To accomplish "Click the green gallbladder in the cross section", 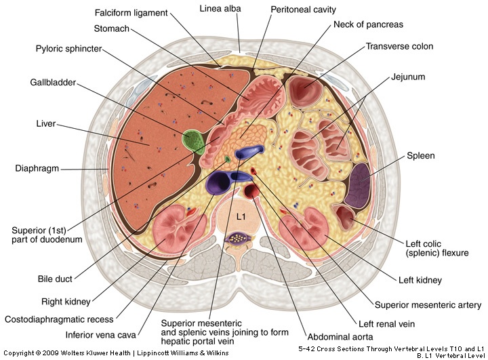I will pos(195,140).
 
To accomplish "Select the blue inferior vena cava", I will pos(218,180).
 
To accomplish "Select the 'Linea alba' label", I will pos(220,9).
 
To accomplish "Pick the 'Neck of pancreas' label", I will pos(368,24).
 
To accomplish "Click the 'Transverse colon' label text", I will pos(399,47).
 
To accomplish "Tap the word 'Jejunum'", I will pos(407,77).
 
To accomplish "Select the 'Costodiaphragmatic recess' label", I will pos(59,319).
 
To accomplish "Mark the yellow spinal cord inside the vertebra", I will pos(239,238).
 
